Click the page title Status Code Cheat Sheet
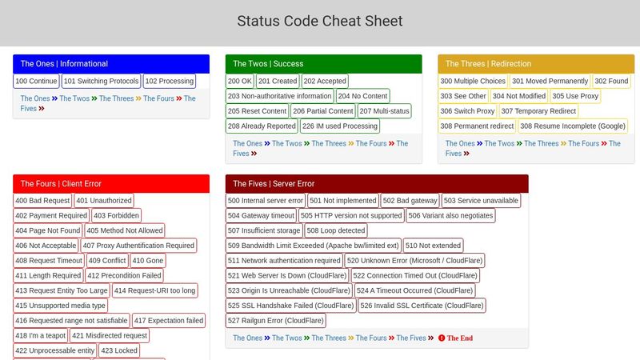320,22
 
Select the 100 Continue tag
37,81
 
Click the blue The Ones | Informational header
111,64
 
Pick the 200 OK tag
240,81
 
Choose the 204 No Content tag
362,96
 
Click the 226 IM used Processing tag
340,126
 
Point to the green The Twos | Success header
323,64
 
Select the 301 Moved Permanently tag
549,81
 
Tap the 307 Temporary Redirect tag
538,111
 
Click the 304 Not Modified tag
519,96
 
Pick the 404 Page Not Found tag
48,230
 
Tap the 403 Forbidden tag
117,215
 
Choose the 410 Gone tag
148,261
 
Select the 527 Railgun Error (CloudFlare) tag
276,321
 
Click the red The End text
459,338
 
